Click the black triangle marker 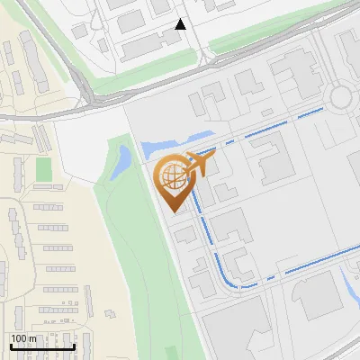[181, 24]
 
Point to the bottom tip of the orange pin [172, 211]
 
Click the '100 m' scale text [24, 338]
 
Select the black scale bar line [42, 346]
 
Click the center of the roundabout [342, 95]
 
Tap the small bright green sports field [43, 168]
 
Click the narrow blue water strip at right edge [350, 286]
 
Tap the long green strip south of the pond [135, 261]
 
